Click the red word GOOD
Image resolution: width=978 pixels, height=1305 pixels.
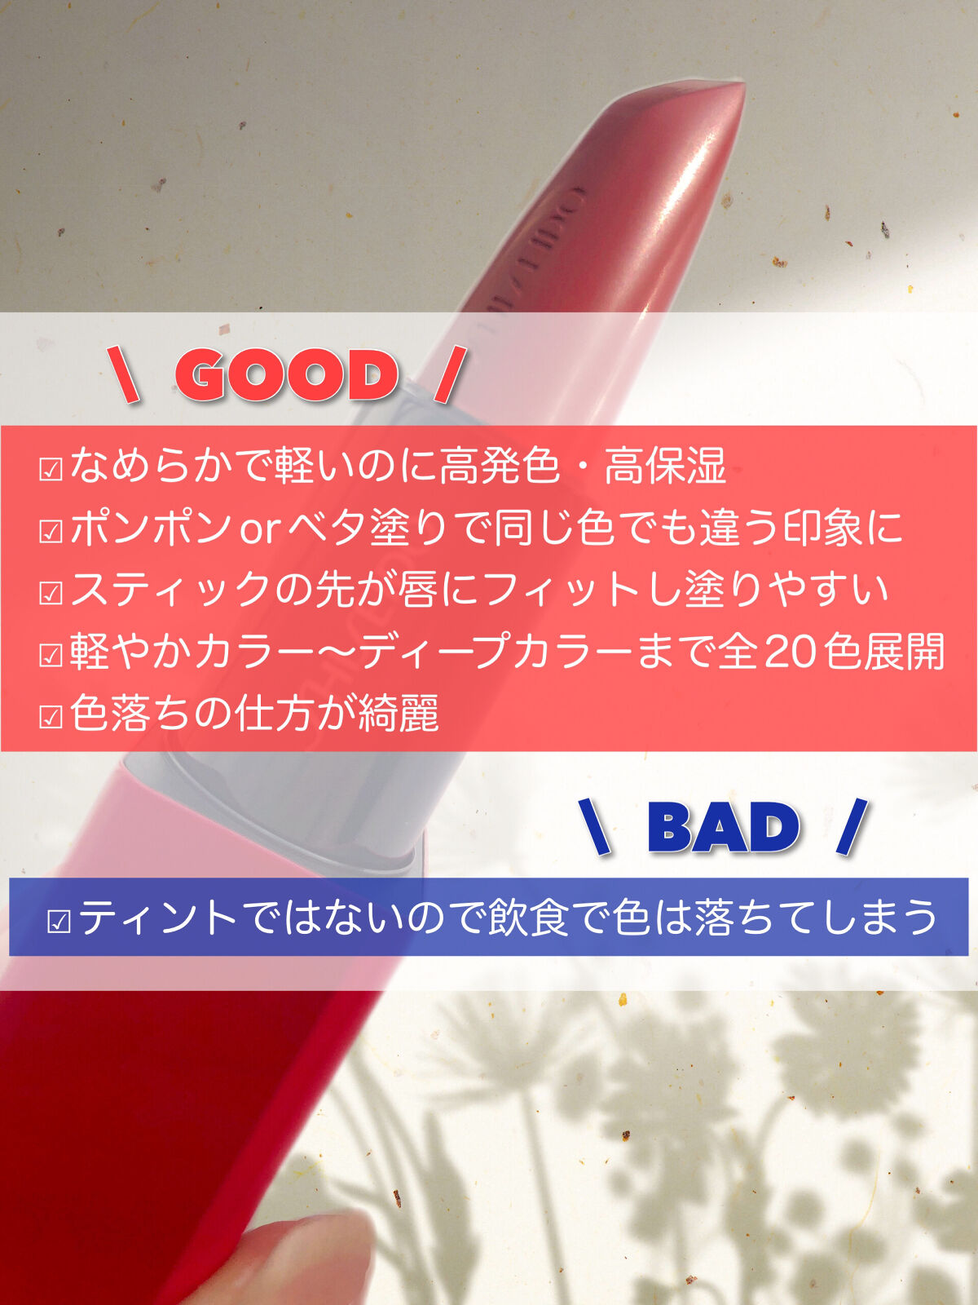click(285, 375)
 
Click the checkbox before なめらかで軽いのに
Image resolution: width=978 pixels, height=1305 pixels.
click(51, 469)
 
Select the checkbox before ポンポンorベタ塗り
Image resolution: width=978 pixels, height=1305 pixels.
click(51, 531)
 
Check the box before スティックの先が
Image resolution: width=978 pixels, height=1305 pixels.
click(51, 593)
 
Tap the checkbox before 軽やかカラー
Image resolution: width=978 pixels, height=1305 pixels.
click(51, 655)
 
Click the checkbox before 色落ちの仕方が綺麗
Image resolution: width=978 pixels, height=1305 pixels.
click(51, 717)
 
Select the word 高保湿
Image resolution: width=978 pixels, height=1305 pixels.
click(666, 466)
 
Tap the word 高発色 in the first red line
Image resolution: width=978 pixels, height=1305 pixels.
click(500, 466)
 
